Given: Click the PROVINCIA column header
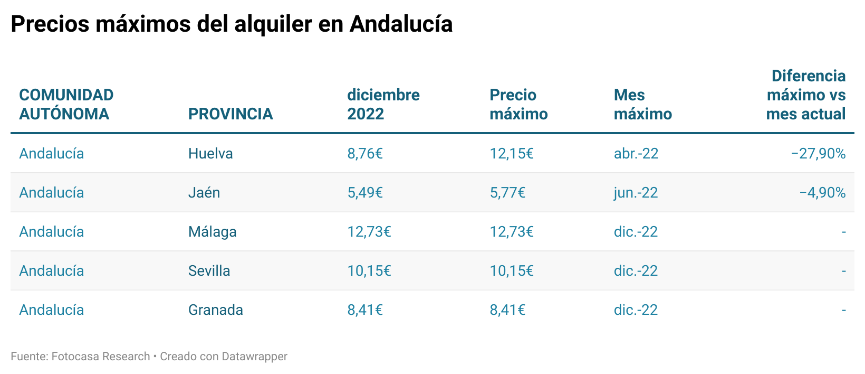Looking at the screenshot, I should [x=230, y=114].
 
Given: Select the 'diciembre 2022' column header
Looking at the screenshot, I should [x=383, y=104].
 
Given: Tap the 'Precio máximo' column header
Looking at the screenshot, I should [x=518, y=104].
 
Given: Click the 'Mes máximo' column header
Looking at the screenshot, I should [x=642, y=104].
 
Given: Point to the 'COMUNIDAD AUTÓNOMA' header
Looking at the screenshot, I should [x=66, y=104].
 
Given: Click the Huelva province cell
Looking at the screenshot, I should [x=210, y=153].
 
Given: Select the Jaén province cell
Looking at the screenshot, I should [x=204, y=192].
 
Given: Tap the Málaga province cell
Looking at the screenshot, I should [x=212, y=231].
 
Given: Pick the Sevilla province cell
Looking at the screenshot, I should [x=209, y=270].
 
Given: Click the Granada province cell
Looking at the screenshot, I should [x=215, y=310].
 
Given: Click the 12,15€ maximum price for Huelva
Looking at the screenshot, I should [x=511, y=153].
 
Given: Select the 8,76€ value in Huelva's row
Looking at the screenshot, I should [x=364, y=153].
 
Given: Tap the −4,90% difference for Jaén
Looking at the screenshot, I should [x=822, y=192].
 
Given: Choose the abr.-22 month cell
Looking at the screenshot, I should [x=636, y=153].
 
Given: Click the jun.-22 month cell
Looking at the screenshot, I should [x=636, y=192].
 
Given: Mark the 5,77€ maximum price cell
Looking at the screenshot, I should [x=507, y=192].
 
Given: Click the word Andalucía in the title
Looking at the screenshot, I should [x=401, y=24].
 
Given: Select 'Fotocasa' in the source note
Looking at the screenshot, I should [x=75, y=357].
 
